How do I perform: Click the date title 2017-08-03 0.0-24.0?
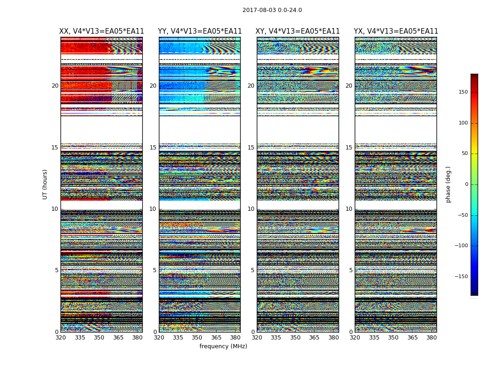[272, 10]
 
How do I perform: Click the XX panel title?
[102, 31]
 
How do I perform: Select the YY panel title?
[200, 31]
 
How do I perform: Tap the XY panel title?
[297, 31]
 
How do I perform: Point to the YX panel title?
[396, 31]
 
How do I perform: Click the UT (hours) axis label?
[45, 184]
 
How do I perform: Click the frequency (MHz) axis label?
[223, 346]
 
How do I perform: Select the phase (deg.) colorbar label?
[448, 184]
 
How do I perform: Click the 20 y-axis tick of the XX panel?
[55, 86]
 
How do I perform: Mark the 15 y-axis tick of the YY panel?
[153, 148]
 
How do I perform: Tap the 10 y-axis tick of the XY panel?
[251, 209]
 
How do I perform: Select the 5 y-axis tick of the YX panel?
[351, 270]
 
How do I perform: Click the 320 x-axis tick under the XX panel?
[61, 338]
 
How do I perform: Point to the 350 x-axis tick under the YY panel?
[197, 338]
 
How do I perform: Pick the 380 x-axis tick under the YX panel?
[431, 338]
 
